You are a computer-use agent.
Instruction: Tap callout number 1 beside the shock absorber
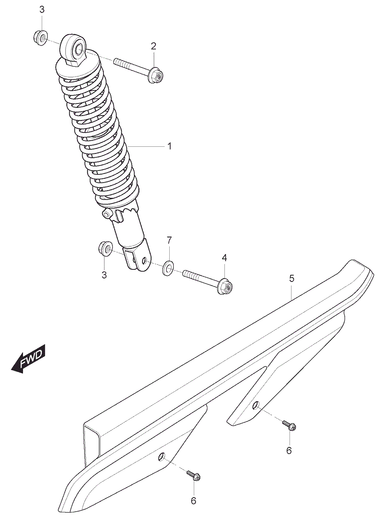170,146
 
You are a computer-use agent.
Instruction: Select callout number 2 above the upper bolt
154,46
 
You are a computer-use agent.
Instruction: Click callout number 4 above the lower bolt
224,258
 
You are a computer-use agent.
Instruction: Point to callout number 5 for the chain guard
291,278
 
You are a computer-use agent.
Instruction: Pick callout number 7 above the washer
169,241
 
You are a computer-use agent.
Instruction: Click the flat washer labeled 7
169,269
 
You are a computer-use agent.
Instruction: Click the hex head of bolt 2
156,75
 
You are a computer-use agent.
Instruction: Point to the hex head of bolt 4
225,286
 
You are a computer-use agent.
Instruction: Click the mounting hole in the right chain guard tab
255,405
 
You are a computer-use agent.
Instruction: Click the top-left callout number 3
42,10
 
